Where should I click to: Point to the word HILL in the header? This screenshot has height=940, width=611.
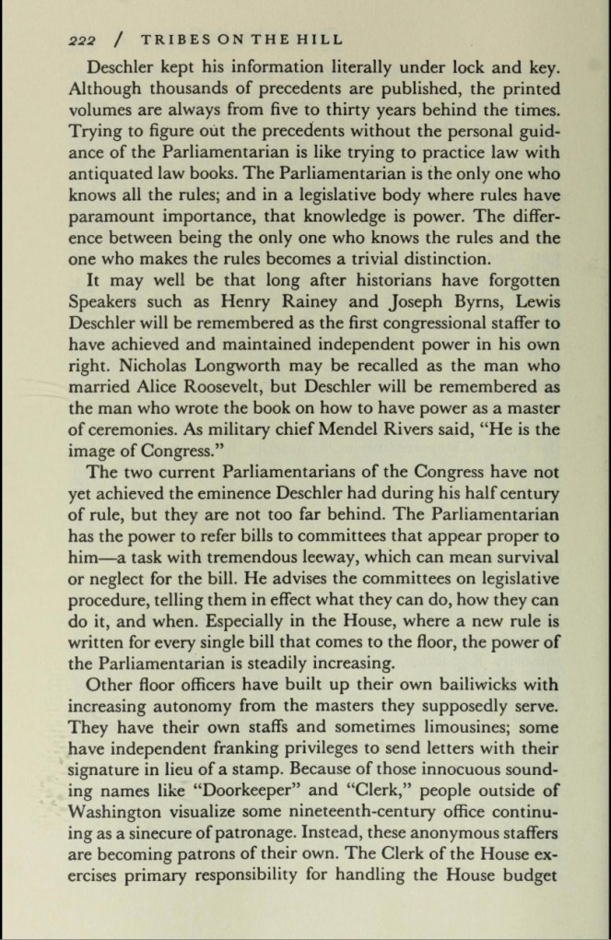(x=323, y=40)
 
